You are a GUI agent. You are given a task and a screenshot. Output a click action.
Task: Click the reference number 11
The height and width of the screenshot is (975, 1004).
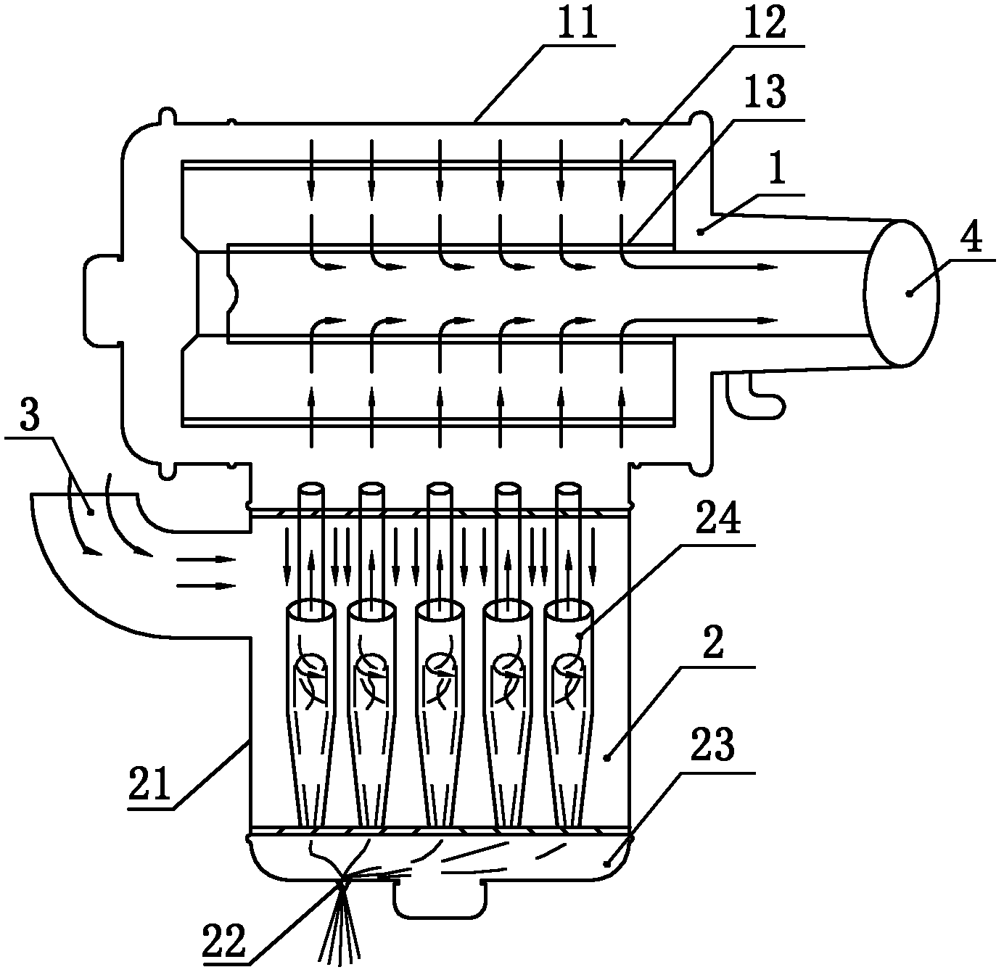577,22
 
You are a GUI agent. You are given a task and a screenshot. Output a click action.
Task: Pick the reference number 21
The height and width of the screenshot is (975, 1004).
149,783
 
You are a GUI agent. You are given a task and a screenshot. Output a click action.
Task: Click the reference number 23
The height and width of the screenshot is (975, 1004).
712,744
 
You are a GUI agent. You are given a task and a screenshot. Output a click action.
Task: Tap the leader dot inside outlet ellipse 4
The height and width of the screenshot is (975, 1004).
908,294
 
